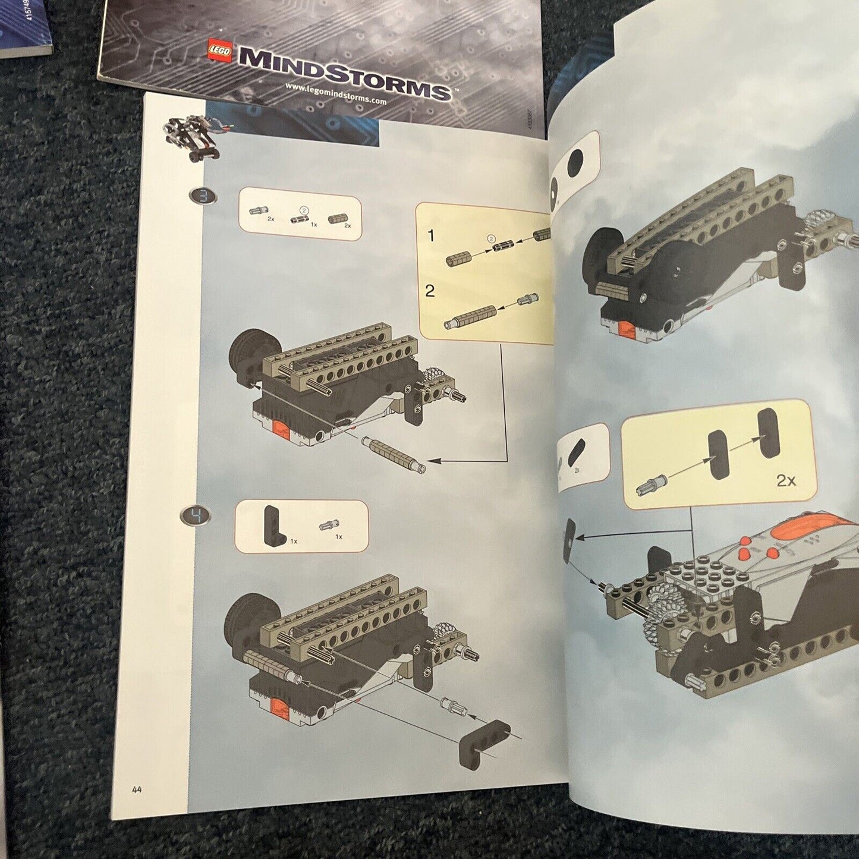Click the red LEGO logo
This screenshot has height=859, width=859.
point(219,50)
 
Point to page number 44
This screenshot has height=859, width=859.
point(137,789)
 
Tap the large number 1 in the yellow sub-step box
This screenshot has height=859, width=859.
point(432,236)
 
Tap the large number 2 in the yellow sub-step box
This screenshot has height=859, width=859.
point(430,291)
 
